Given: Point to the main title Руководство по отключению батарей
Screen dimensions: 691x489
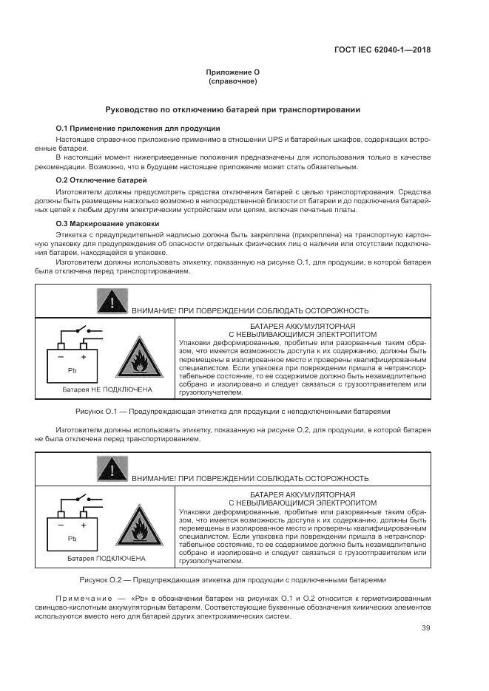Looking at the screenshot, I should click(232, 109).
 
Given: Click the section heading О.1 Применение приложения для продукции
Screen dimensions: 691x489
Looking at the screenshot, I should click(138, 128).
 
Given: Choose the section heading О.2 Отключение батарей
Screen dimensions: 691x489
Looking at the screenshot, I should click(101, 180).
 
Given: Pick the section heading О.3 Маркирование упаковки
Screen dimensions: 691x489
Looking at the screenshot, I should click(107, 222).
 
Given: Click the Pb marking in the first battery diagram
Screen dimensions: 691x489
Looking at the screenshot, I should click(72, 370).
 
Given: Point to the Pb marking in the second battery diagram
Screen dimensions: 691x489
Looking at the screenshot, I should click(72, 538).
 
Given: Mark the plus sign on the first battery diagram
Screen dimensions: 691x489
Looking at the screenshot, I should click(83, 357).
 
